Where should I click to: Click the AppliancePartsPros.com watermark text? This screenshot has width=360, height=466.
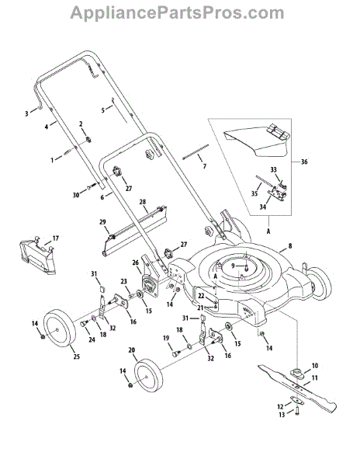pos(177,13)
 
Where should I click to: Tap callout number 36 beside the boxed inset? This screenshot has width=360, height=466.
pos(304,162)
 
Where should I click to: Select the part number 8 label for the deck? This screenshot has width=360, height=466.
pos(290,245)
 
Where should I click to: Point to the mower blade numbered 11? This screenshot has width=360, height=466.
pos(297,389)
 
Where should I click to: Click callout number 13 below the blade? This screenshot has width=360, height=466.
pos(282,414)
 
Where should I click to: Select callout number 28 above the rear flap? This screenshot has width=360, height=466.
pos(143,202)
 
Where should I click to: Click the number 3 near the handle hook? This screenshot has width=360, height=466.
pos(26,113)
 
